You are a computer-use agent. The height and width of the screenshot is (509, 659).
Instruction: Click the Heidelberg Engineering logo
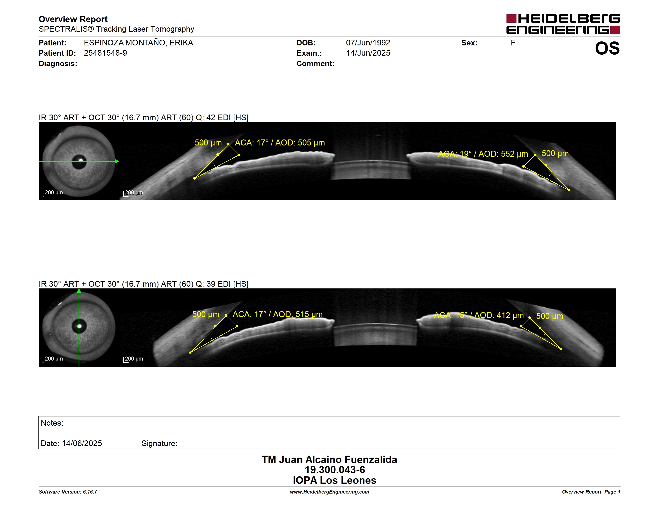[563, 24]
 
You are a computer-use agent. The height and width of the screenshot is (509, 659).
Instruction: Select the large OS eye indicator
[607, 48]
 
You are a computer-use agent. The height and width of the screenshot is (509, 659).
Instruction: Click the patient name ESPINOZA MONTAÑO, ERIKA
[138, 43]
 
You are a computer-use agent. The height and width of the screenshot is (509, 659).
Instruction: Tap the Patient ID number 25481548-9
[105, 53]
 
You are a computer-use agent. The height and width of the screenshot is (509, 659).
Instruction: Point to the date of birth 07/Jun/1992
[368, 43]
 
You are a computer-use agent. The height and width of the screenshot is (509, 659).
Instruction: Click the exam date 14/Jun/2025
[368, 53]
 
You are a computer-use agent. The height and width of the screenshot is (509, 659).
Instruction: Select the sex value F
[513, 43]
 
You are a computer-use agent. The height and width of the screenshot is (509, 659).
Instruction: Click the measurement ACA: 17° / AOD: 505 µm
[280, 143]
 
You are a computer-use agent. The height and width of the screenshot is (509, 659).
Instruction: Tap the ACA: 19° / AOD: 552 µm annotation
[483, 154]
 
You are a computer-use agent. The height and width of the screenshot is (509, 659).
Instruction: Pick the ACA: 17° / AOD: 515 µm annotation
[277, 314]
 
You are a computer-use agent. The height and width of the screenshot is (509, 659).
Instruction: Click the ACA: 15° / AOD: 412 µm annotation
[479, 315]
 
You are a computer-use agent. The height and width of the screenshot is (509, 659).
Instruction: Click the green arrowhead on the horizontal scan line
[117, 161]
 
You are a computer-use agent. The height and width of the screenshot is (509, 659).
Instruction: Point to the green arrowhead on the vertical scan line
[79, 291]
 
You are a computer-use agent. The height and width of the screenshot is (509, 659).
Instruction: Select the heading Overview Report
[73, 19]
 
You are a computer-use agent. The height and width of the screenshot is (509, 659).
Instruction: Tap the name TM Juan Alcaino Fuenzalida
[329, 459]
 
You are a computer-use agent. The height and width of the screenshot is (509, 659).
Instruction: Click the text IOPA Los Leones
[335, 480]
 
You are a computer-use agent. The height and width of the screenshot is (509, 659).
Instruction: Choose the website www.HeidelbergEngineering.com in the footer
[329, 492]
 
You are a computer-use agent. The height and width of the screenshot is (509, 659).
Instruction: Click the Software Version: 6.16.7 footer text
[68, 492]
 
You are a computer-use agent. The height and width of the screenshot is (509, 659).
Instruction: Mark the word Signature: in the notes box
[159, 443]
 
